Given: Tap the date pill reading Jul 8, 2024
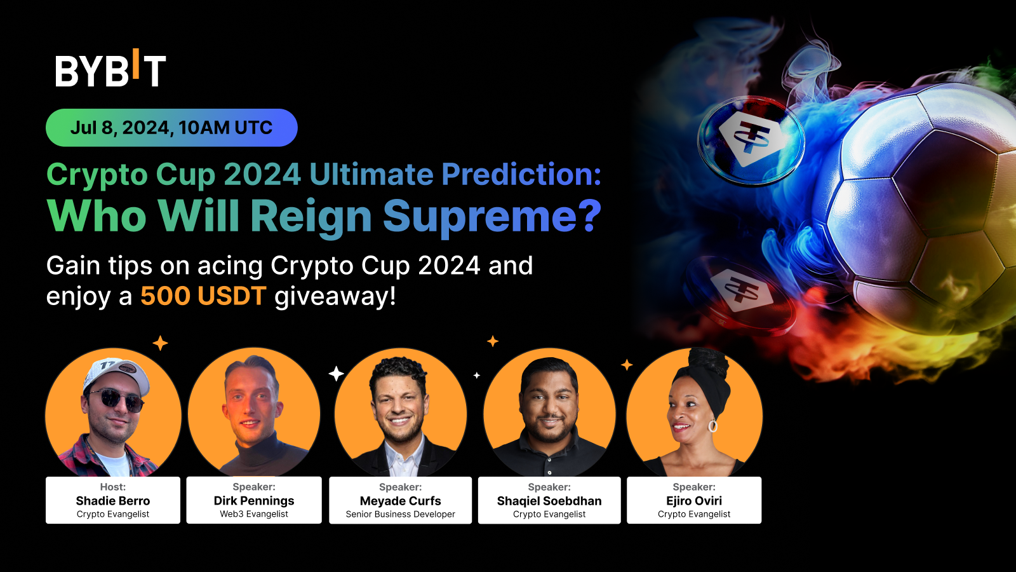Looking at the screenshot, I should (x=171, y=128).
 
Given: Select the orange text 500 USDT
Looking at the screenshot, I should (x=203, y=297).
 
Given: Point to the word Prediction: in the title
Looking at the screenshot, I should (x=521, y=174).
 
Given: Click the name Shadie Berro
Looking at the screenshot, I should (x=113, y=501).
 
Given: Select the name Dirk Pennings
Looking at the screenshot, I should (x=254, y=501).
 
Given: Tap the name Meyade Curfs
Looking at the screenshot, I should (x=400, y=501).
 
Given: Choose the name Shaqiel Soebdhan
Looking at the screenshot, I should (x=549, y=501).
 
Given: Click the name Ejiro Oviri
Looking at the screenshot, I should (x=694, y=501).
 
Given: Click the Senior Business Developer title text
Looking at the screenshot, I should (x=400, y=514).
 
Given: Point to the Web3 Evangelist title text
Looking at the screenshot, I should (x=254, y=514).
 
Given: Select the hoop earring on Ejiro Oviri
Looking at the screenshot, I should (x=713, y=425).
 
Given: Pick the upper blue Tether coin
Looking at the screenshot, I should (x=751, y=140).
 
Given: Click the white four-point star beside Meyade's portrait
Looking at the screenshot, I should (x=336, y=374).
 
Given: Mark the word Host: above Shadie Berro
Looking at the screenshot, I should (x=113, y=487).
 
